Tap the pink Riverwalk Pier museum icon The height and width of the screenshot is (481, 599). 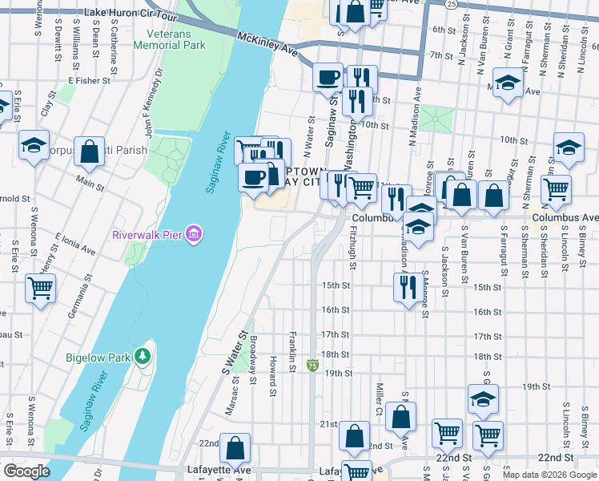193,234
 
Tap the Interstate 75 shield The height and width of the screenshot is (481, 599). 312,366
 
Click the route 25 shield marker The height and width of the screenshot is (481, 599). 452,4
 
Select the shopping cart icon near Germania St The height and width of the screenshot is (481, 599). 40,287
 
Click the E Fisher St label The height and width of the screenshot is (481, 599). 89,80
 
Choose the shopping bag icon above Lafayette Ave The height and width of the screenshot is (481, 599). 235,447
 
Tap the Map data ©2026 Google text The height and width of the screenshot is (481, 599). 549,475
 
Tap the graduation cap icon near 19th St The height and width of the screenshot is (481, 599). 483,398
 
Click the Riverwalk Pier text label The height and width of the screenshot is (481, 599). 147,235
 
